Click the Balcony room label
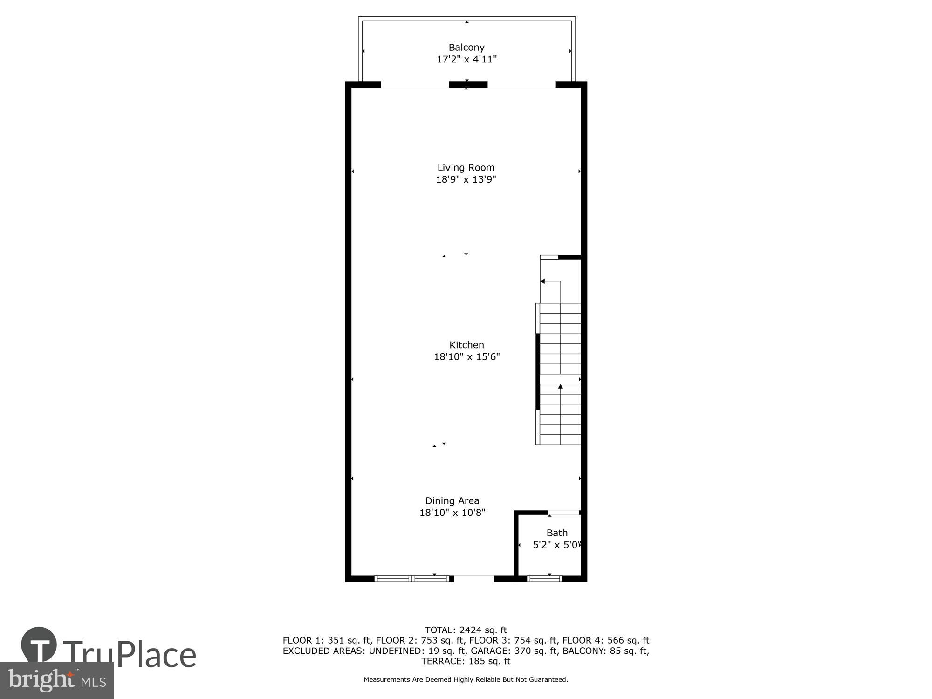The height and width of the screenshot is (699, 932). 466,48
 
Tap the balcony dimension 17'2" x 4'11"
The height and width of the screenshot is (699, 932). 466,60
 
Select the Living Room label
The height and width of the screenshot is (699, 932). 466,168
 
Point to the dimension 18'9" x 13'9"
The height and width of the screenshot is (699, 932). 466,180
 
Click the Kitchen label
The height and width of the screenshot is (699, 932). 466,345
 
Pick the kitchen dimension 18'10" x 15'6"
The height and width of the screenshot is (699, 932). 466,357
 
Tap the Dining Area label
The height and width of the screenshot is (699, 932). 452,501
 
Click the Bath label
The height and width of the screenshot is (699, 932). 557,533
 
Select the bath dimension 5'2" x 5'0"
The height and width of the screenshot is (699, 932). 557,545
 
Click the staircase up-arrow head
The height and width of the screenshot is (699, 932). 561,386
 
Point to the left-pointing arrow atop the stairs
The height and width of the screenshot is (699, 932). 543,281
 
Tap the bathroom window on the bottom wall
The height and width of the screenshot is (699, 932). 544,579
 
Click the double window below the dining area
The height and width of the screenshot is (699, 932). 412,579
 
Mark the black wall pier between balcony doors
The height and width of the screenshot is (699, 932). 468,84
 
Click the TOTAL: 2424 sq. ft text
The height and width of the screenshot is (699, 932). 466,630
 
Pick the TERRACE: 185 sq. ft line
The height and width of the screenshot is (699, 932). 466,661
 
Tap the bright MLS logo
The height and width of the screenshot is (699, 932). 56,680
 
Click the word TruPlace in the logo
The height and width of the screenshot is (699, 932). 130,654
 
